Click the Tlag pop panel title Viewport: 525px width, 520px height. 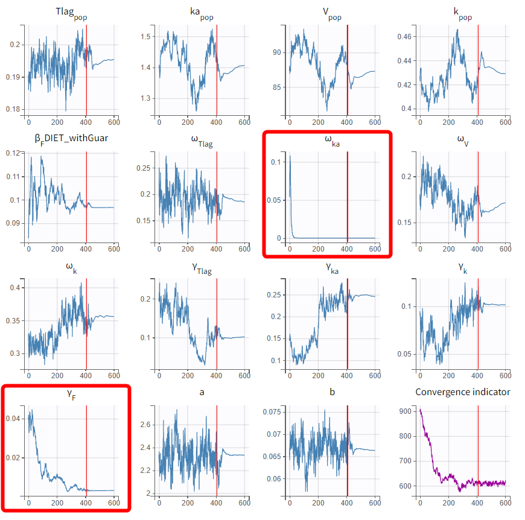coord(72,14)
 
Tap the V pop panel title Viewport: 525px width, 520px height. coord(332,14)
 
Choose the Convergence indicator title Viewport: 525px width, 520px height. coord(463,392)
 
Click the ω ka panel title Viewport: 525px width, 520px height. coord(332,141)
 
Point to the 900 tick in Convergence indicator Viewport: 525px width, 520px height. coord(407,411)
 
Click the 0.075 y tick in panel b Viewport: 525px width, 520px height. coord(272,412)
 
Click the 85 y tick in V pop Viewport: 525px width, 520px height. coord(278,87)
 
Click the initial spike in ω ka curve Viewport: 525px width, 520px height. coord(290,157)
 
